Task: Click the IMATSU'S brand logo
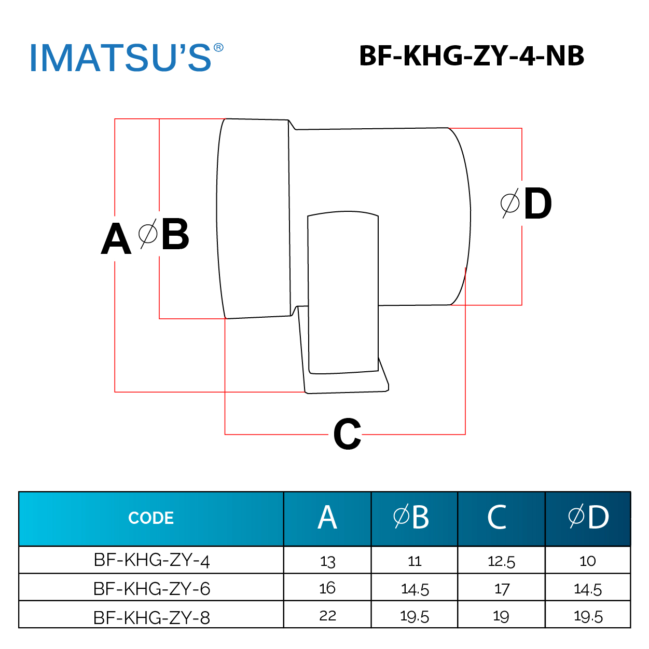coord(120,58)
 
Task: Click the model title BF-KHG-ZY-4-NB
coord(471,56)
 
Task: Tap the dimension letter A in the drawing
coord(116,239)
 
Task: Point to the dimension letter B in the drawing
coord(175,235)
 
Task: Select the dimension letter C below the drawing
coord(347,435)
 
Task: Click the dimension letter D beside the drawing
coord(537,204)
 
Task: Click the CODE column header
coord(151,518)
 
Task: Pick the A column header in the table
coord(327,518)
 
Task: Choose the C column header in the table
coord(497,518)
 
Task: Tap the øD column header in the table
coord(588,518)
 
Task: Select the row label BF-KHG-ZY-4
coord(151,560)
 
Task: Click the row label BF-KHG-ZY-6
coord(151,589)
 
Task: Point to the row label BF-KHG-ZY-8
coord(151,617)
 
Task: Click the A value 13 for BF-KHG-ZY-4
coord(327,561)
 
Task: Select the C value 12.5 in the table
coord(501,561)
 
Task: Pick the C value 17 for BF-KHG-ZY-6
coord(502,589)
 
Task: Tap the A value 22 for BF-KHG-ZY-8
coord(327,616)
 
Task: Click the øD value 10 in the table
coord(587,561)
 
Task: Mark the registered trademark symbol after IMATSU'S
coord(218,48)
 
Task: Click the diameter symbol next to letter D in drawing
coord(510,203)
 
